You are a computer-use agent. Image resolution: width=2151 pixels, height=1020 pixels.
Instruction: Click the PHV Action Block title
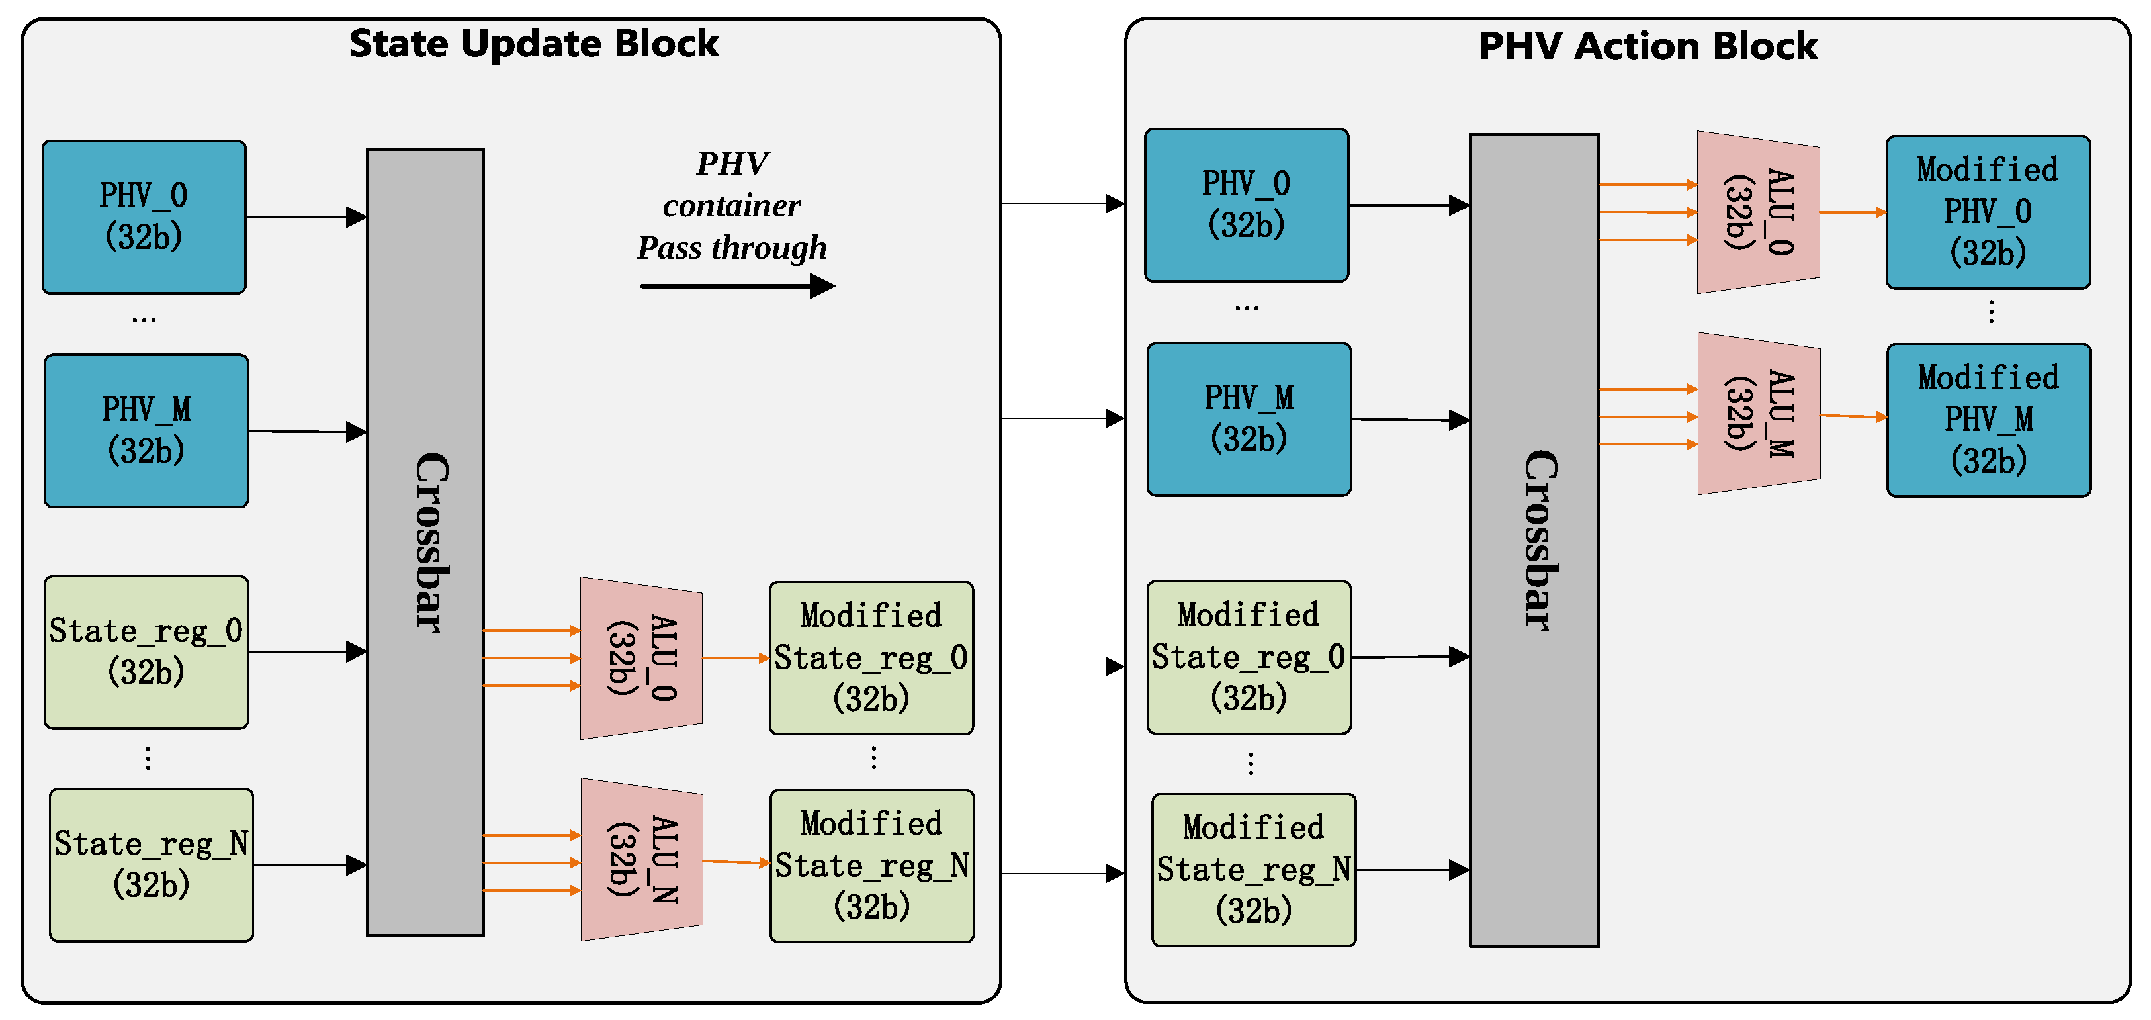click(x=1647, y=46)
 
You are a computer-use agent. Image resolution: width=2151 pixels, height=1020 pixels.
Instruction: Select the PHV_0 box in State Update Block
click(x=144, y=217)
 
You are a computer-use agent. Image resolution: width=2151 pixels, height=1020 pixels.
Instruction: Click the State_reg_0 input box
click(x=146, y=651)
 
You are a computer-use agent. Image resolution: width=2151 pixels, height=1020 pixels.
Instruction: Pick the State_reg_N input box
click(x=151, y=864)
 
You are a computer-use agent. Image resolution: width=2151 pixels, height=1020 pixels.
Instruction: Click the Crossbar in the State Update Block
click(x=425, y=543)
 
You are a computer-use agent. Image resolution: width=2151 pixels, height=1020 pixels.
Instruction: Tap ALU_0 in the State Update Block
click(x=641, y=659)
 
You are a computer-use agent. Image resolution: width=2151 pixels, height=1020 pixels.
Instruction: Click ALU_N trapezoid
click(x=641, y=860)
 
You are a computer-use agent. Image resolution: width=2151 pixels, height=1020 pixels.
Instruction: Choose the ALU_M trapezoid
click(x=1758, y=414)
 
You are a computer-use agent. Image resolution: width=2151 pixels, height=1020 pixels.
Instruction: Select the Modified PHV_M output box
click(x=1988, y=420)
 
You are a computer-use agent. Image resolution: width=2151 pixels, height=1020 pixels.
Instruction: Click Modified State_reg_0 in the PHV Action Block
click(x=1249, y=657)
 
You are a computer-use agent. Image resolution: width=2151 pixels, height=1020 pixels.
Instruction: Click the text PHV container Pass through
click(x=732, y=205)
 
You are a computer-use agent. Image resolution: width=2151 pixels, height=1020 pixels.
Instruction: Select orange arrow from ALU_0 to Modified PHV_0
click(x=1852, y=212)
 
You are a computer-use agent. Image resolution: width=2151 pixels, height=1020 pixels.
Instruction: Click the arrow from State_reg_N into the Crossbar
click(x=309, y=864)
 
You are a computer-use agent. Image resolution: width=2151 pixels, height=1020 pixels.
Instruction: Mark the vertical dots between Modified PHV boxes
click(x=1991, y=312)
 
